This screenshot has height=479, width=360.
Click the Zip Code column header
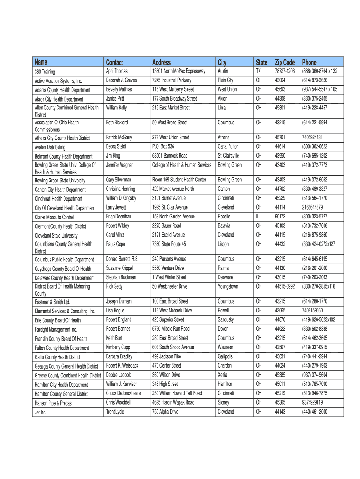pos(285,62)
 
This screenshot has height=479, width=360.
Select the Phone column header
pos(310,62)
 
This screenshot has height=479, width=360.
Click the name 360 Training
pos(45,72)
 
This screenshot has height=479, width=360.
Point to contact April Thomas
pos(116,71)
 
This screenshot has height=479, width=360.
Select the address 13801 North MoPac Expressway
pos(179,71)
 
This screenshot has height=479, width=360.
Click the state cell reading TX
pos(258,71)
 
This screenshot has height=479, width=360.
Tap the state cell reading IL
pos(257,217)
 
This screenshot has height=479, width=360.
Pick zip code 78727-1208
pos(285,71)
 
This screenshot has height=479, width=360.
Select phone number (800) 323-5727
pos(315,217)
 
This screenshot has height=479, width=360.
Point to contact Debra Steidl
pos(116,146)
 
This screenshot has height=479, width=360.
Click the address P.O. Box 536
pos(163,146)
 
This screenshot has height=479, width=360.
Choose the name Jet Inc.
pos(41,412)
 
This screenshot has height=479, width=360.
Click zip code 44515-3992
pos(285,286)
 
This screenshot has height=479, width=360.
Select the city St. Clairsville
pos(229,156)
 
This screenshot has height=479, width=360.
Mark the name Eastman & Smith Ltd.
pos(52,302)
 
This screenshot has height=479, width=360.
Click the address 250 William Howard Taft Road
pos(177,393)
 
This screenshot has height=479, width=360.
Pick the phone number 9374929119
pos(312,402)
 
